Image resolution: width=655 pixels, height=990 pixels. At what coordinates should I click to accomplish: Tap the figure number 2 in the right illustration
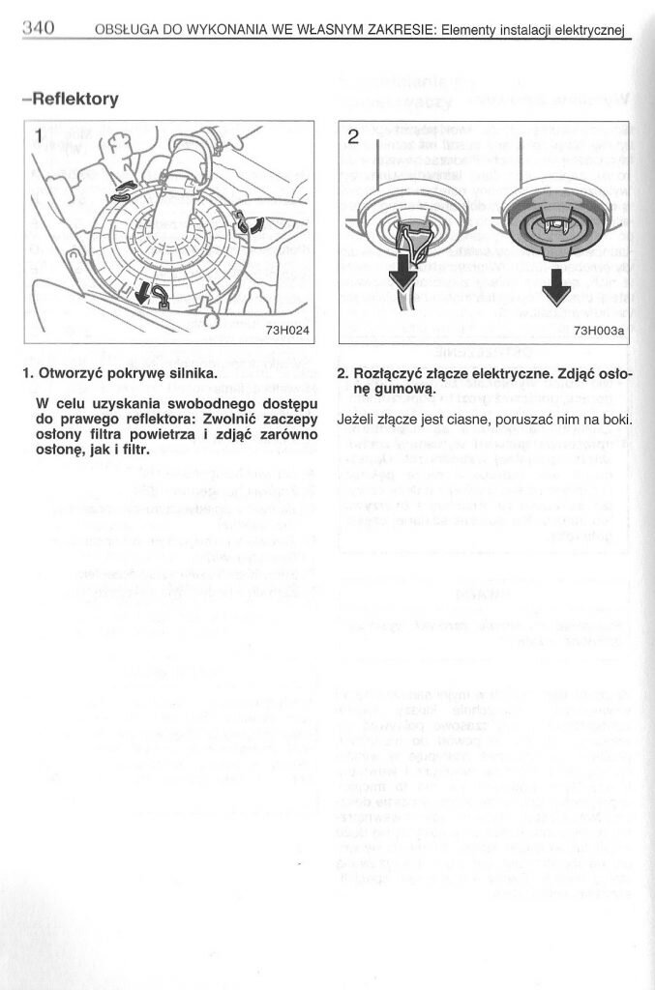coord(353,136)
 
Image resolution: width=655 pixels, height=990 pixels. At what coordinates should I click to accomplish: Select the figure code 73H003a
coord(600,331)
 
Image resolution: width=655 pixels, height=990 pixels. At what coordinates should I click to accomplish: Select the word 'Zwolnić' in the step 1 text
coord(231,420)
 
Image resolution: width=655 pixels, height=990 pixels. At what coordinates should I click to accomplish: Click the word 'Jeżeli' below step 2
coord(358,420)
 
